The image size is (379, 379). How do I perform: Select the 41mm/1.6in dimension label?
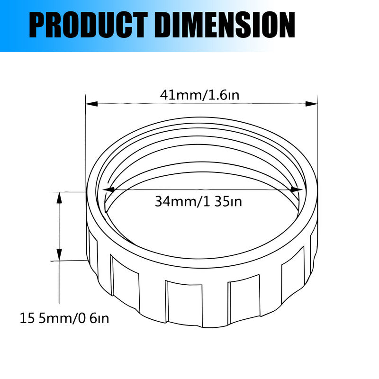point(199,95)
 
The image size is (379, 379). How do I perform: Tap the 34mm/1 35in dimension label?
point(199,202)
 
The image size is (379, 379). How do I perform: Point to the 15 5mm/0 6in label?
point(64,318)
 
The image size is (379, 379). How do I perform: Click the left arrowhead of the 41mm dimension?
point(90,103)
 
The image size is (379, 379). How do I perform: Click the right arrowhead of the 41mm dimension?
point(313,103)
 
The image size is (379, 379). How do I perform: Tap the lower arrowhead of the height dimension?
point(59,256)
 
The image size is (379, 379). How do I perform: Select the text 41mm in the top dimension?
point(180,95)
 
